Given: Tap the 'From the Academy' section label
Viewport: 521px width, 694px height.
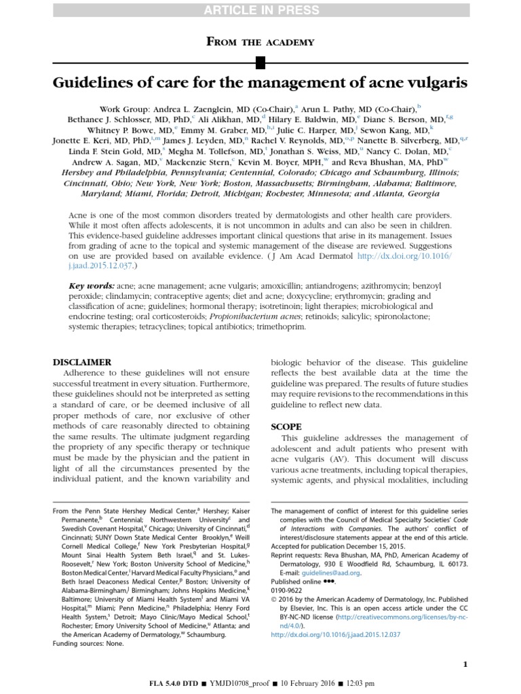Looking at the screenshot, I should pos(260,42).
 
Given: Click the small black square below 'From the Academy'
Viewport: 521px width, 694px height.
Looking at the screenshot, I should pos(260,64).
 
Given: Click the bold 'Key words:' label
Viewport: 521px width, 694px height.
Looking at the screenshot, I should pos(92,286).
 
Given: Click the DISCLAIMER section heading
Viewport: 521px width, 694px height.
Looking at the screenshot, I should pos(83,362).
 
